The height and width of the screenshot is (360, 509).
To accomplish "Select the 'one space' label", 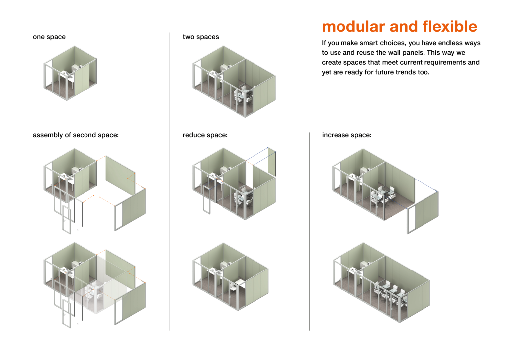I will point(49,37).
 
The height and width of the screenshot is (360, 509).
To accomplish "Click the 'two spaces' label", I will point(201,37).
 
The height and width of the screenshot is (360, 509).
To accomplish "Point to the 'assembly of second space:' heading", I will point(76,135).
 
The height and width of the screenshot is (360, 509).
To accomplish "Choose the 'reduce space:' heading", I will point(205,135).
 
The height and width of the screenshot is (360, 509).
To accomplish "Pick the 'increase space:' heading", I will point(346,135).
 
